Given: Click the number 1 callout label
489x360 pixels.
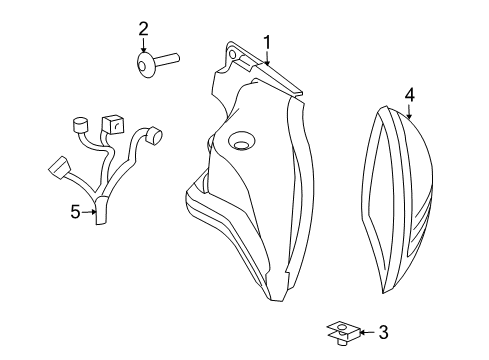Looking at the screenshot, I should click(x=267, y=42).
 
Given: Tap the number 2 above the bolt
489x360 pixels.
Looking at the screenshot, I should click(x=143, y=28).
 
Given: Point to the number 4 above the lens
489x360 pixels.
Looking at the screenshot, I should click(x=408, y=96).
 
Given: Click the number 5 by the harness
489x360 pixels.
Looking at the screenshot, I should click(x=75, y=211).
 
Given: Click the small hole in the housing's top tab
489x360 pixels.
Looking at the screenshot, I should click(x=233, y=50).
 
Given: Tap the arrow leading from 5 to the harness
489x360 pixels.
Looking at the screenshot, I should click(x=88, y=211).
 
